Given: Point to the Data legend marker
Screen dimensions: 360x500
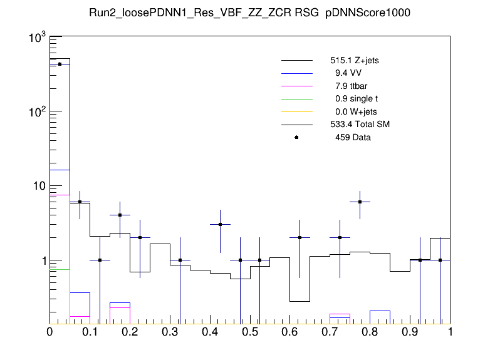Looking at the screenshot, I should point(296,137).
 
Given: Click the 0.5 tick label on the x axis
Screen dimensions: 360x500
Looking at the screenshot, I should point(249,332).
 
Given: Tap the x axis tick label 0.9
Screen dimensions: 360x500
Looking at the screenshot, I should point(410,332).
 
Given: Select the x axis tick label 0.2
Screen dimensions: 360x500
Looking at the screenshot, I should point(130,332).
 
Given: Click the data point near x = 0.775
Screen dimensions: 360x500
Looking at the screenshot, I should point(360,202).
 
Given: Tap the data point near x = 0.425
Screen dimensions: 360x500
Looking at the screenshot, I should point(220,224).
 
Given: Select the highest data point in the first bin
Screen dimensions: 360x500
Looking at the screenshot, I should point(60,64).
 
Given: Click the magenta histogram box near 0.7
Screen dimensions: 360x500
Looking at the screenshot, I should point(340,317).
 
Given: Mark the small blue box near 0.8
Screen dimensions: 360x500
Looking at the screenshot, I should point(380,316).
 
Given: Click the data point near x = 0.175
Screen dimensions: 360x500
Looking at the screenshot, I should point(120,215).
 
